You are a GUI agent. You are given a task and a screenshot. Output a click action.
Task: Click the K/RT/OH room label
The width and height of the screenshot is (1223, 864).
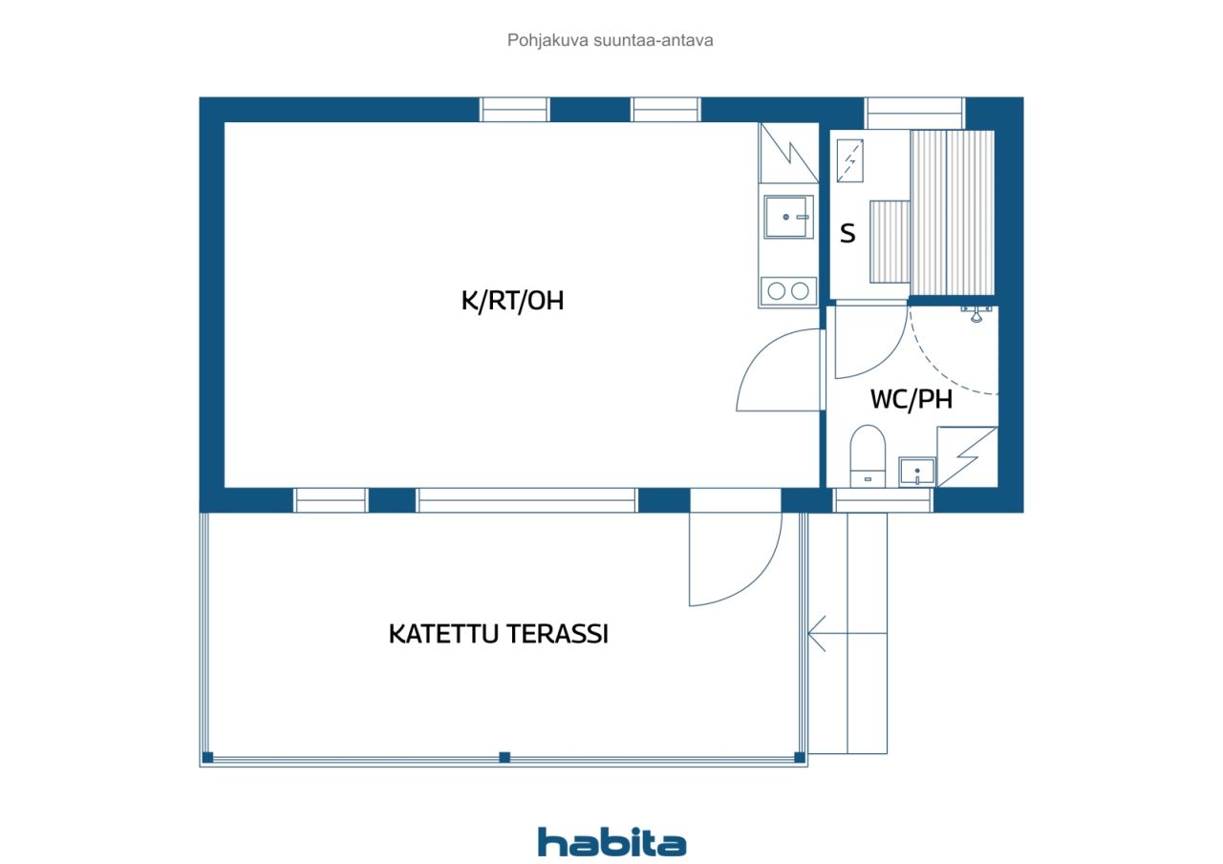point(512,301)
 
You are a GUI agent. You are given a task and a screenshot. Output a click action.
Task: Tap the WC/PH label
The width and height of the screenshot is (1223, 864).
point(912,399)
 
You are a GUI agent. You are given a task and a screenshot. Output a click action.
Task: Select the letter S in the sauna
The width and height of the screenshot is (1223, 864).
point(848,234)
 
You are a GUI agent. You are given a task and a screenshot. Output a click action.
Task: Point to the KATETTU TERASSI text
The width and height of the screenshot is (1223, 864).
point(498,634)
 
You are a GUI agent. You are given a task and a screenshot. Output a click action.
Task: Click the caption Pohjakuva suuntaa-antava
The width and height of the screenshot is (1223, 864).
point(610,40)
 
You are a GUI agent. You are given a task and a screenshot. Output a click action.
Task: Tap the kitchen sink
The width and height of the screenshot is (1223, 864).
point(788,217)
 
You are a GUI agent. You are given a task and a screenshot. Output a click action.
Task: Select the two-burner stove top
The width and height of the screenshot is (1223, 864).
point(788,291)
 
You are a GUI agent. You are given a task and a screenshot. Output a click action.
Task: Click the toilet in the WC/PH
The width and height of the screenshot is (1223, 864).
point(868,455)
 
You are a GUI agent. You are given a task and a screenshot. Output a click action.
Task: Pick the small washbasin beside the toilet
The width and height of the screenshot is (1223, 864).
point(916,472)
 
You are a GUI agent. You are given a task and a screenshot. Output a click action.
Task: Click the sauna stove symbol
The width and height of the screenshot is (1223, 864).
point(850,160)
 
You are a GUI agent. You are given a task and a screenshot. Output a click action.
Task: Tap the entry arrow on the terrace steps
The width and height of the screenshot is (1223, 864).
point(848,633)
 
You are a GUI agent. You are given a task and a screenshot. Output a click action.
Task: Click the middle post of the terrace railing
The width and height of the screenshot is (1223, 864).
point(504,757)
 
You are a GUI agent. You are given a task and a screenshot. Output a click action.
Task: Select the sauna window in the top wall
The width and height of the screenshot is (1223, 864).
point(914,114)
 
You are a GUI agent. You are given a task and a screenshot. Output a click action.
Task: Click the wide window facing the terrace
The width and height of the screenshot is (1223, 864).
point(526,500)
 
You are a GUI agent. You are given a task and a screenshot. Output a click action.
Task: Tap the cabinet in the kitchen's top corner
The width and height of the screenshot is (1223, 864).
point(788,153)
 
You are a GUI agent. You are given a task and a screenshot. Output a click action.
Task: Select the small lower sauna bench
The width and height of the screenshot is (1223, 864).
point(890,242)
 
